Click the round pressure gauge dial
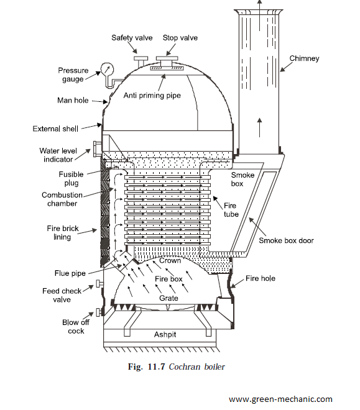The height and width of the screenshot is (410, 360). [x=107, y=70]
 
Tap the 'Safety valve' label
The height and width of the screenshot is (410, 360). [x=132, y=38]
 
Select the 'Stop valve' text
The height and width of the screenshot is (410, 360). [x=180, y=38]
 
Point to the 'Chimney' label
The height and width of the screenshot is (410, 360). [x=304, y=58]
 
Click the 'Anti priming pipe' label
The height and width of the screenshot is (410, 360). [x=152, y=96]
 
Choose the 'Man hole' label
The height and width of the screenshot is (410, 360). [x=73, y=101]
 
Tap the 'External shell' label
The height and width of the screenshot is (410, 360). [x=55, y=129]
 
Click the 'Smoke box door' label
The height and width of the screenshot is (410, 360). [x=286, y=240]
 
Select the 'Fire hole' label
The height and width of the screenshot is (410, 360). [x=261, y=278]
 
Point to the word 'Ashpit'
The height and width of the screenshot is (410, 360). [x=165, y=335]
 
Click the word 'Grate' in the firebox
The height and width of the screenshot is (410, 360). [x=168, y=298]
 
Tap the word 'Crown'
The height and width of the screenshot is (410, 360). [x=170, y=261]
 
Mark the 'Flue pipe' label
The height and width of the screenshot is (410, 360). [x=70, y=273]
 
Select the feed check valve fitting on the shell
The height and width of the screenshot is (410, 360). [x=99, y=283]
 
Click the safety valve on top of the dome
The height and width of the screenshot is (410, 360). [x=141, y=61]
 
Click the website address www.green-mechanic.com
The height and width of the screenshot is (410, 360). [x=280, y=399]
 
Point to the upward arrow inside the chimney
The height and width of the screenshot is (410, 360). [x=259, y=127]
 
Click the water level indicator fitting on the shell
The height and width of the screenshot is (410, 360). [x=96, y=149]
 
